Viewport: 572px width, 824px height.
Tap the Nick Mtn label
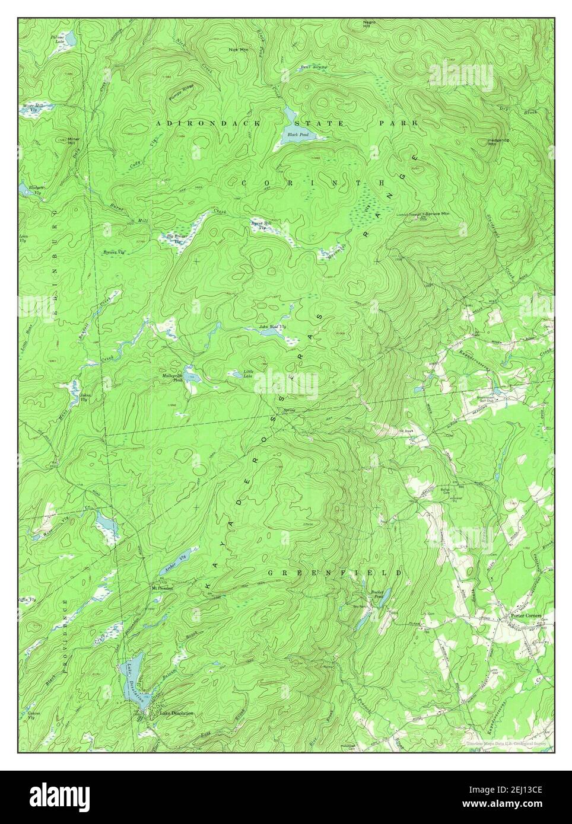238,49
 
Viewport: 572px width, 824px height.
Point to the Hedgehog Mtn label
495,141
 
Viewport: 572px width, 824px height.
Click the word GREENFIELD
335,573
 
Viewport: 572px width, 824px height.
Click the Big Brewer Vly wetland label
176,238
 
